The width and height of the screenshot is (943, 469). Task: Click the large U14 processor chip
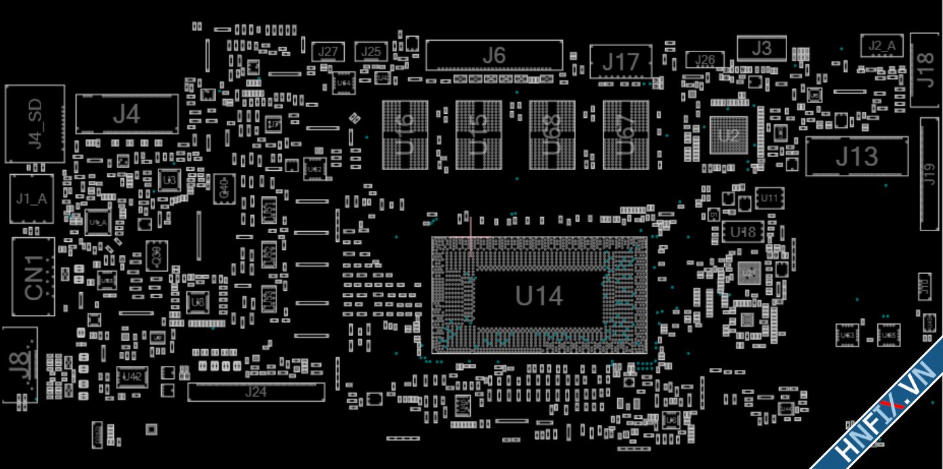(539, 295)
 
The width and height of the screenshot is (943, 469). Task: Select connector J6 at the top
(494, 55)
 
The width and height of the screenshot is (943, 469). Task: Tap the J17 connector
(621, 62)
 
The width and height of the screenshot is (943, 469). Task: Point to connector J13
(856, 157)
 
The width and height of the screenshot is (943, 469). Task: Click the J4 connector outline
(127, 114)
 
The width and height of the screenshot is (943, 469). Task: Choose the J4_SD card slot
(35, 123)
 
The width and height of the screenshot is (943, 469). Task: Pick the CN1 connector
(33, 277)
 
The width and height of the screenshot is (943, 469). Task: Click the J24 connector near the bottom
(255, 392)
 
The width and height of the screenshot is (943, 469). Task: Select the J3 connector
(761, 48)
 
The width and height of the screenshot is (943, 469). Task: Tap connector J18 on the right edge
(925, 70)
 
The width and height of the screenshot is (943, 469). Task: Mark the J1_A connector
(32, 199)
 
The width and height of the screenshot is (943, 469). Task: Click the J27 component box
(328, 52)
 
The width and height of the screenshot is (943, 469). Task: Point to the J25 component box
(371, 52)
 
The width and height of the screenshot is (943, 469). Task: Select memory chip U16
(405, 135)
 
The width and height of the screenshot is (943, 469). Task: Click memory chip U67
(625, 135)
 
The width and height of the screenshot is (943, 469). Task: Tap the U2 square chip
(728, 136)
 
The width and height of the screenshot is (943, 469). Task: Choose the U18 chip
(742, 232)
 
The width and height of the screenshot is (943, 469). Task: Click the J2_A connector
(882, 46)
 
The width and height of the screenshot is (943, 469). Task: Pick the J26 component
(705, 60)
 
